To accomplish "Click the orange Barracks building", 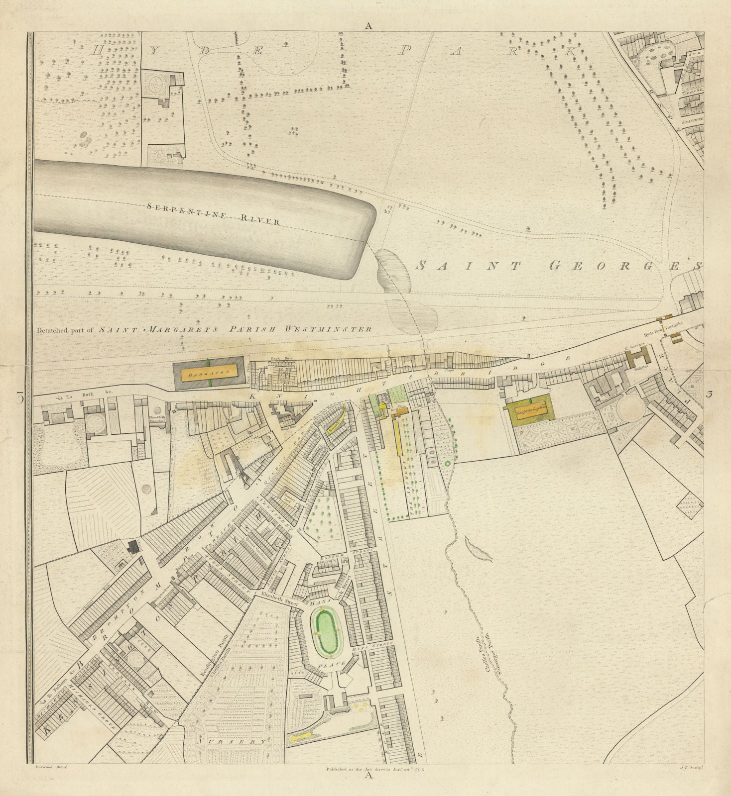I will click(209, 372).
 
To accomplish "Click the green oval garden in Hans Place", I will click(328, 633).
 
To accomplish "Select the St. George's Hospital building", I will click(637, 357).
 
